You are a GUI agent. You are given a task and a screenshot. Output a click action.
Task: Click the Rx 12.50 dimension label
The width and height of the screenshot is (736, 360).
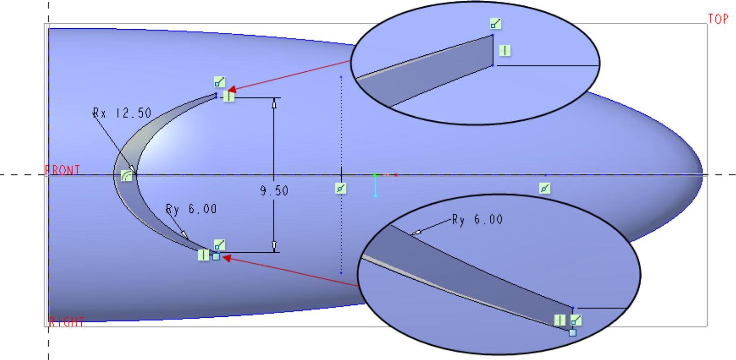[x=122, y=113]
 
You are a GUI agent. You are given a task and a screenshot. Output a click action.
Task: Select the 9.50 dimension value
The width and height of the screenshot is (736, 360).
[x=274, y=191]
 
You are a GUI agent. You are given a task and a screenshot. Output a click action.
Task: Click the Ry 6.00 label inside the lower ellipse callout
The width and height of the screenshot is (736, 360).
[x=477, y=220]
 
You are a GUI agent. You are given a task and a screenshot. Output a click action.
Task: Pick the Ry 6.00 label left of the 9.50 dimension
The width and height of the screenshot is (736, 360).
[x=191, y=209]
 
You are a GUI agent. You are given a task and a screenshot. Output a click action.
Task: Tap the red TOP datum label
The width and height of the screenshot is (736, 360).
[x=718, y=19]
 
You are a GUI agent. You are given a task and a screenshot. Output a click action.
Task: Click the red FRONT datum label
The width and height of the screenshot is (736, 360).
[x=63, y=170]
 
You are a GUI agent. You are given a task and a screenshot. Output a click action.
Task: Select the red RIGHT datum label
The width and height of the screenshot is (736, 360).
[x=66, y=322]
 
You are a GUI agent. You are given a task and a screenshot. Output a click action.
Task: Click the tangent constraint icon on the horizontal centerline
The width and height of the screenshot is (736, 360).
[x=127, y=176]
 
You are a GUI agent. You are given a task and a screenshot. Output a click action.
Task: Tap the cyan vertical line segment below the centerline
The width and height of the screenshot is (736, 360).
[x=375, y=186]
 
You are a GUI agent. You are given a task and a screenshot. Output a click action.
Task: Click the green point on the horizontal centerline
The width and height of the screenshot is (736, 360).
[x=375, y=175]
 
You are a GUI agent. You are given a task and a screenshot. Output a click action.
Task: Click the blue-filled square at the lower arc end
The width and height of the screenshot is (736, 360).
[x=216, y=257]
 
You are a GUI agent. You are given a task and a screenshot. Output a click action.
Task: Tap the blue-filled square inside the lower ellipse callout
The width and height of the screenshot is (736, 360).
[x=573, y=333]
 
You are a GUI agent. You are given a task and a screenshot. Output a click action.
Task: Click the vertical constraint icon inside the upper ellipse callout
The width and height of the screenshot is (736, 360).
[x=505, y=51]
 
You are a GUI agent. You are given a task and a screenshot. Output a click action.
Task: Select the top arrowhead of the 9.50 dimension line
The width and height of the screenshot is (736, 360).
[x=274, y=103]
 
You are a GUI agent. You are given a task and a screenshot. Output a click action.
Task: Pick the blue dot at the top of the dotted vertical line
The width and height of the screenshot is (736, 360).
[x=341, y=77]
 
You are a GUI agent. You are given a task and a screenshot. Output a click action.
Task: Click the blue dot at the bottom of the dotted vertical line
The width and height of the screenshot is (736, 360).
[x=341, y=272]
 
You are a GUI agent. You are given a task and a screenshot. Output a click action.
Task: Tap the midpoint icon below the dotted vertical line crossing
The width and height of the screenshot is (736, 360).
[x=341, y=189]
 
